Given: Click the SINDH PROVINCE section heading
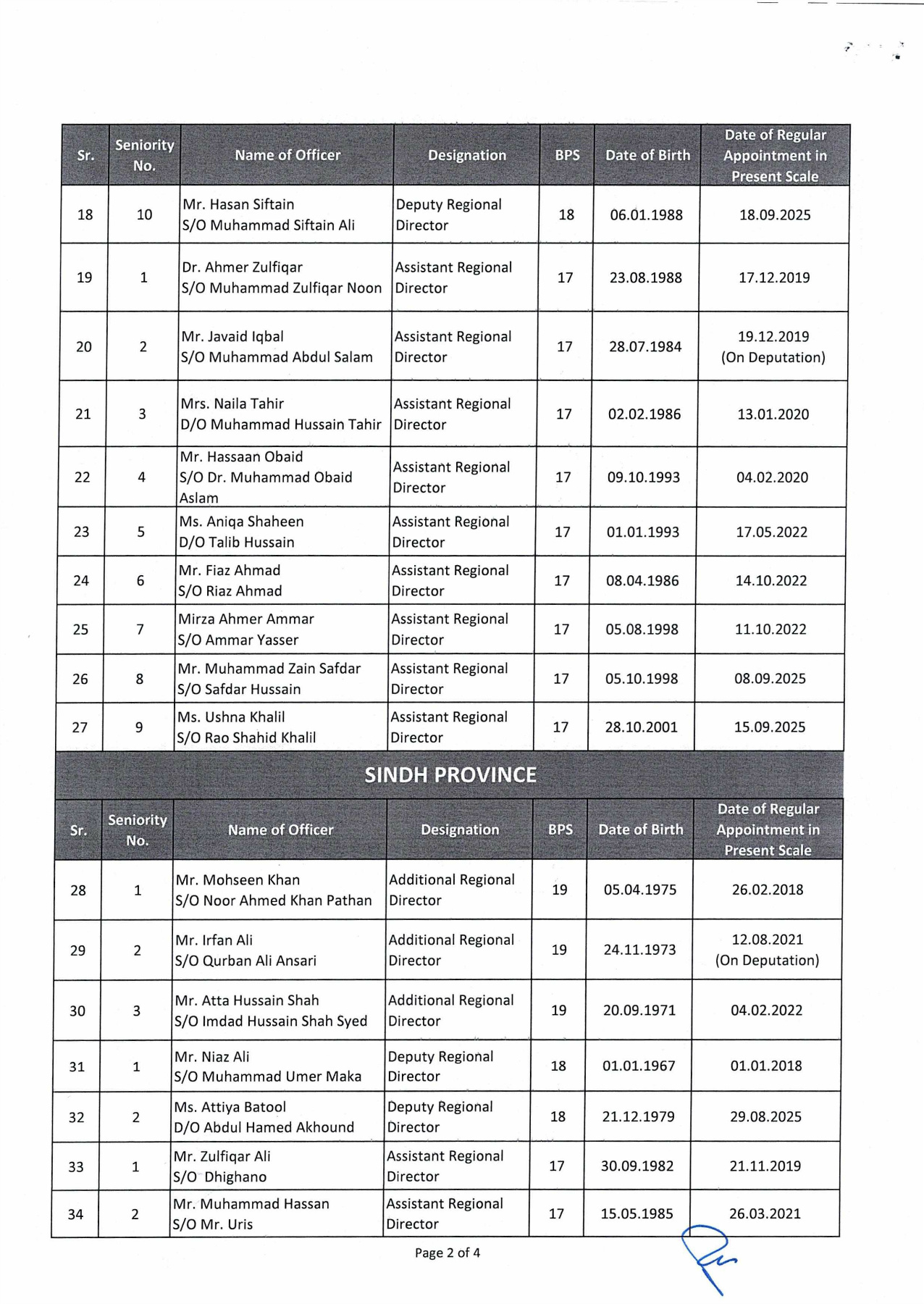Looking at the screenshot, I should pos(450,775).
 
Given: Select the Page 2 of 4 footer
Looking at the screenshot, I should pos(447,1253).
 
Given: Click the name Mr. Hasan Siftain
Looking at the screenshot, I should pos(238,204).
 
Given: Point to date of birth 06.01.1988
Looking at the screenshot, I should pos(646,214).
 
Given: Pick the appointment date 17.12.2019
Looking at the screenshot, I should pos(773,277).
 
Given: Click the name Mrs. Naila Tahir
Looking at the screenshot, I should pos(232,404).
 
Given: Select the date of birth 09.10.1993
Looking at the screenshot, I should pos(643,477).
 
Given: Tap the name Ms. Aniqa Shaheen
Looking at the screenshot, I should pos(241,522).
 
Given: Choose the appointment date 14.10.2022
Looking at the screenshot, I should pos(770,580).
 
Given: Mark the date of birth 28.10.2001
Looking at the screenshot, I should pos(641,727).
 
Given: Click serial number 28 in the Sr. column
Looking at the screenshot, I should pos(78,890).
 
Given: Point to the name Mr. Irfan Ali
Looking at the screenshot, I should pos(214,940).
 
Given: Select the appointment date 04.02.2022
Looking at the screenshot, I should pos(766,1010).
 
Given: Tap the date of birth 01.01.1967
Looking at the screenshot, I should pos(638,1066).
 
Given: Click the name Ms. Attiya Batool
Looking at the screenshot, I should pos(230,1107).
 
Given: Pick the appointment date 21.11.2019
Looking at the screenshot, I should pos(765,1166).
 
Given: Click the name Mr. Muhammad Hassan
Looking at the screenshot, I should pos(251,1203).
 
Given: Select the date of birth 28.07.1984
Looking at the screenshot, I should pos(644,346).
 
